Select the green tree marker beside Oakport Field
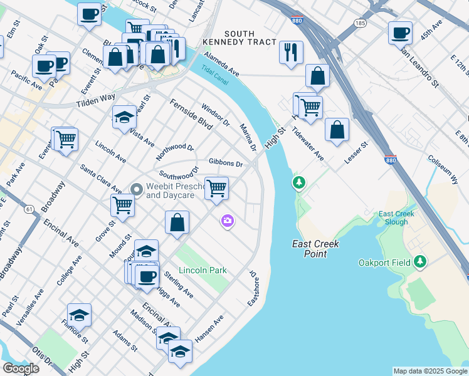pyautogui.click(x=419, y=262)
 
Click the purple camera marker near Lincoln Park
pyautogui.click(x=227, y=221)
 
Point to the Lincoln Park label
pyautogui.click(x=202, y=270)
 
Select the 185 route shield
pyautogui.click(x=359, y=23)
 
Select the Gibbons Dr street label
pyautogui.click(x=226, y=163)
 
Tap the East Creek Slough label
pyautogui.click(x=396, y=218)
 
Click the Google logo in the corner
pyautogui.click(x=21, y=368)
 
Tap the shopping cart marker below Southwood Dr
pyautogui.click(x=216, y=188)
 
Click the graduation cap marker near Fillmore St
pyautogui.click(x=80, y=315)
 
